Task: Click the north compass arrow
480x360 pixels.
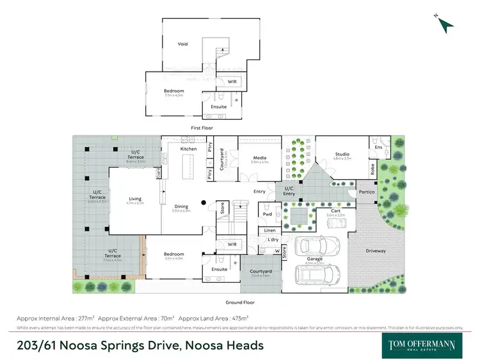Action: click(446, 24)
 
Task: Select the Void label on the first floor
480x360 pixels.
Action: click(182, 44)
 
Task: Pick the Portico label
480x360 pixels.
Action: click(365, 191)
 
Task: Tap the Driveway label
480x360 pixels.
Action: click(376, 251)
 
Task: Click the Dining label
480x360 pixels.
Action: click(182, 206)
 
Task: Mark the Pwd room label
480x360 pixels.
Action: click(268, 215)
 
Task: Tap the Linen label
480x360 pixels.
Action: click(269, 231)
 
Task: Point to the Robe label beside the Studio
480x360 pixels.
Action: click(372, 169)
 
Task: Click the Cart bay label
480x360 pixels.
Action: click(335, 210)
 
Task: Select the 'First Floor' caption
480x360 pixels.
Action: click(202, 128)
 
